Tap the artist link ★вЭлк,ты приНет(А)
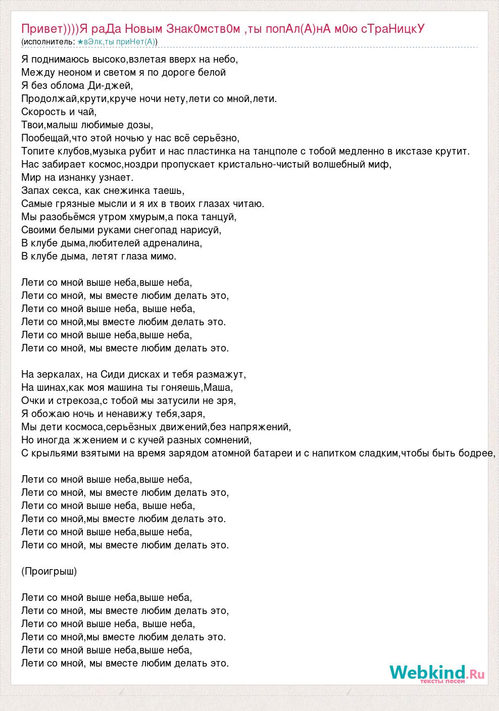point(117,41)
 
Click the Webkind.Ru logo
point(437,674)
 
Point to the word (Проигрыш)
point(49,571)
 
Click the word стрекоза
point(78,400)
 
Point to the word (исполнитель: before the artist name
point(48,41)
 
